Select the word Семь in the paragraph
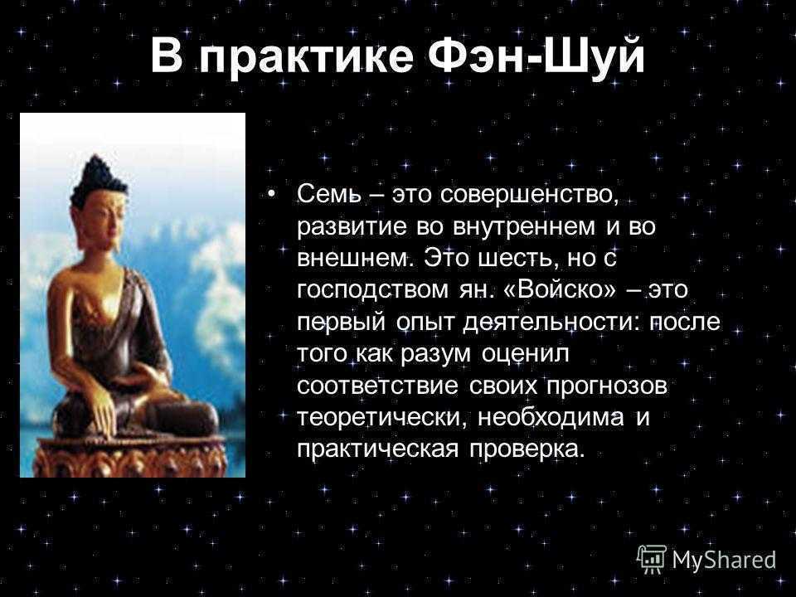pos(328,193)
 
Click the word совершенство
pos(529,195)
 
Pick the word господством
pos(372,291)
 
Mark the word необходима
pos(551,418)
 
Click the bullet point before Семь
pos(273,194)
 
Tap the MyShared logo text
pos(725,560)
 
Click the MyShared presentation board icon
pos(652,560)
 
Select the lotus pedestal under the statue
pos(130,456)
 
